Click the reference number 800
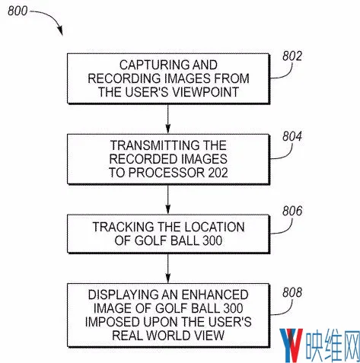tap(18, 11)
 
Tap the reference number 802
tap(292, 56)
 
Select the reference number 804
tap(292, 136)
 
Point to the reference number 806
tap(292, 211)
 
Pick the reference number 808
tap(292, 292)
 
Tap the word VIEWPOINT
tap(206, 92)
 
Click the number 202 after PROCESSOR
tap(218, 173)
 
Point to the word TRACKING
tap(123, 227)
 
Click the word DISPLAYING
tap(123, 295)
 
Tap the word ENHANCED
tap(215, 295)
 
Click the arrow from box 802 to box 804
tap(167, 119)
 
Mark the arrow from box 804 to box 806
tap(167, 199)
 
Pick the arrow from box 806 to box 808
tap(167, 269)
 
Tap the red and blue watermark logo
tap(292, 345)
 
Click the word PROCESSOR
tap(167, 173)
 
